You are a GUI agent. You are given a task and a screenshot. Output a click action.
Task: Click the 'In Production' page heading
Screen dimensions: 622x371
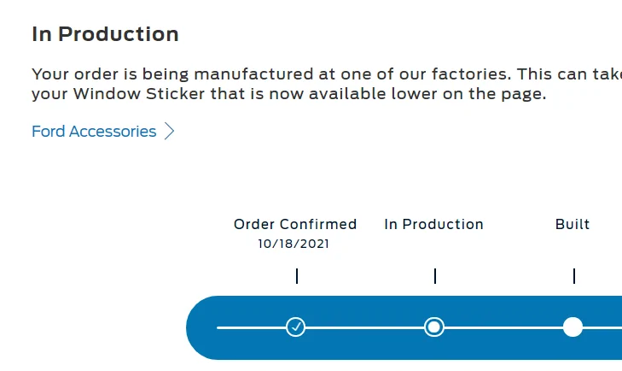click(x=105, y=34)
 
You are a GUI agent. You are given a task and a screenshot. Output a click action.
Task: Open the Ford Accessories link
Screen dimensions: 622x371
click(x=94, y=132)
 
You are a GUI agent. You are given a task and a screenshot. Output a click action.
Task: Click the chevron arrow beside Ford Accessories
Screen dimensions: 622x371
click(x=170, y=132)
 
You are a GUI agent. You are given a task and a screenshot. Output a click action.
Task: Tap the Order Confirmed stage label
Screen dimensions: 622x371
click(x=295, y=224)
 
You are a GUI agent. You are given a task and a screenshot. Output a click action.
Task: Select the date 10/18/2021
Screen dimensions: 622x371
click(x=294, y=244)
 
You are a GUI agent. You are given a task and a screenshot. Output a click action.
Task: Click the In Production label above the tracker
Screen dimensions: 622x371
click(x=434, y=224)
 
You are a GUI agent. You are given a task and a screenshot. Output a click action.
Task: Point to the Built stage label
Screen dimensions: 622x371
click(x=573, y=224)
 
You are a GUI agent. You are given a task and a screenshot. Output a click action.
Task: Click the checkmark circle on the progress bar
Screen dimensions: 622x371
click(x=295, y=327)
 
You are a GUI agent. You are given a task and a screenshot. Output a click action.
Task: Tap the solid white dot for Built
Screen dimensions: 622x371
click(x=573, y=327)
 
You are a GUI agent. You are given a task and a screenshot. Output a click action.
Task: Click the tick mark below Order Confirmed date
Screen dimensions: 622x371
click(x=297, y=276)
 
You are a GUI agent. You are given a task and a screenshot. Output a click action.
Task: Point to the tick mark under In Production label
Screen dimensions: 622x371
click(x=435, y=276)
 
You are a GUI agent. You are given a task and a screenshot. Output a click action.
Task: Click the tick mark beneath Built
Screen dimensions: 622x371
click(x=574, y=276)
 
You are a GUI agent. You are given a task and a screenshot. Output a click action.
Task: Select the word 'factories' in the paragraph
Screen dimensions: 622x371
click(x=472, y=74)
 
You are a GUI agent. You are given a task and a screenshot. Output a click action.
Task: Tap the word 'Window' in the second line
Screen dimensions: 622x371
click(x=107, y=94)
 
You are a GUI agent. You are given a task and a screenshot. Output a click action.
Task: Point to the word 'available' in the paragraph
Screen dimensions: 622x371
click(x=347, y=94)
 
